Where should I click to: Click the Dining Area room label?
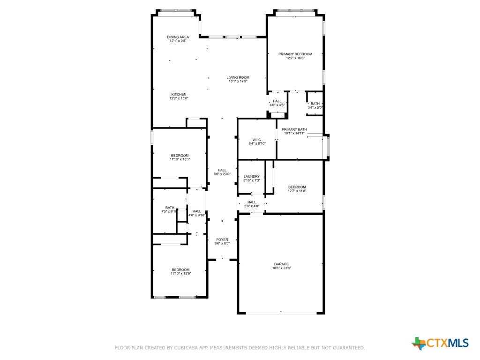tap(178, 37)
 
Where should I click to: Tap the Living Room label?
tap(238, 77)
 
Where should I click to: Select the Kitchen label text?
tap(179, 94)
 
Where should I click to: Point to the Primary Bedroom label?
tap(295, 54)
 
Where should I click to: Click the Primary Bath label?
tap(294, 129)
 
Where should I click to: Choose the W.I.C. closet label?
tap(257, 140)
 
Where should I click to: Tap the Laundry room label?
tap(252, 176)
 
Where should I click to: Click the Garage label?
tap(281, 264)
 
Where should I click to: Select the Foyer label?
tap(222, 240)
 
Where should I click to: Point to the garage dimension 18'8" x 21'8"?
tap(281, 268)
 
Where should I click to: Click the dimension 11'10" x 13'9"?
tap(181, 274)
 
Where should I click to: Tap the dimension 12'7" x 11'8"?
tap(297, 191)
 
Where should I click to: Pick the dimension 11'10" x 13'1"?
tap(180, 159)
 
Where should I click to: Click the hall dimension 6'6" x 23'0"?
tap(222, 174)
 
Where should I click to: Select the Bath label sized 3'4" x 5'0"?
tap(315, 104)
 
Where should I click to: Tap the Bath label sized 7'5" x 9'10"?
tap(170, 208)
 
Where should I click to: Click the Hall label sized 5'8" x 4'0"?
tap(252, 202)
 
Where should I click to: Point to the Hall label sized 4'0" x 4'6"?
tap(277, 101)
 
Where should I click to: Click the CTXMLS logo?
tap(440, 343)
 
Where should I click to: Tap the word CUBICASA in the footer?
tap(186, 348)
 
